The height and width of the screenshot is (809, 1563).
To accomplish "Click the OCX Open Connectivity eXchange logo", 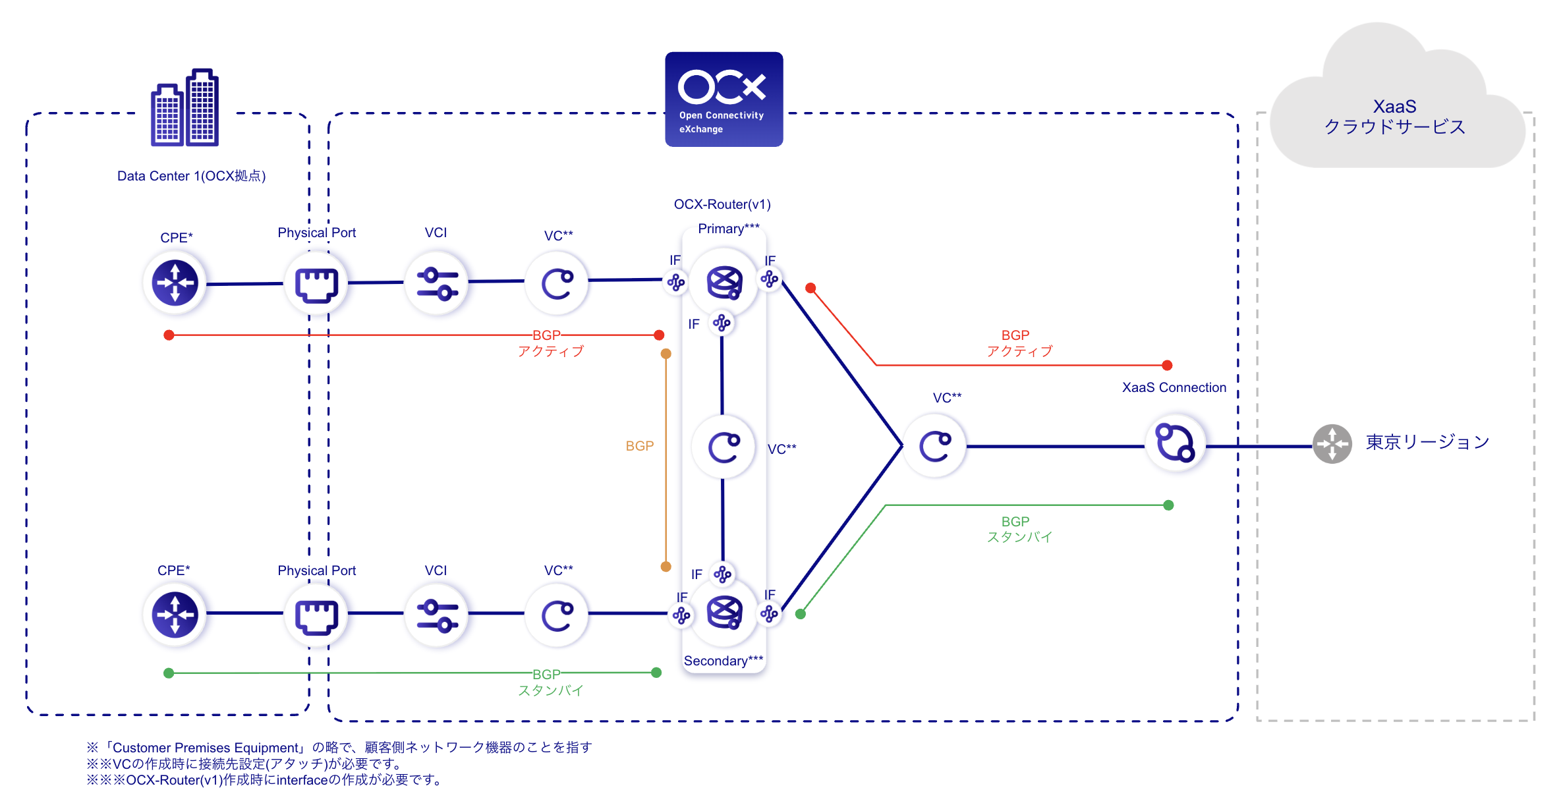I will point(724,99).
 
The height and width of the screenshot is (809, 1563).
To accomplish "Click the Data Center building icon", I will point(185,108).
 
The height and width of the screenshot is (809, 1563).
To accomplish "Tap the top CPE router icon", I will point(175,283).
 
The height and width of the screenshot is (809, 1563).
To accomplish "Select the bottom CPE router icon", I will point(175,615).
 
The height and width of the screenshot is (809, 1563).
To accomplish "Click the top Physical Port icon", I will point(316,284).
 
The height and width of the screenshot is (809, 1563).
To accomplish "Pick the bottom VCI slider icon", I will point(436,615).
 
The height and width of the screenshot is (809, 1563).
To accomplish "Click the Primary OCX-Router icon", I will point(724,282).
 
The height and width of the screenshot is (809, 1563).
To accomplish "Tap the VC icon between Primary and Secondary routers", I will point(724,447).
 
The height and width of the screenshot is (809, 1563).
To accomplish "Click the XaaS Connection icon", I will point(1175,443).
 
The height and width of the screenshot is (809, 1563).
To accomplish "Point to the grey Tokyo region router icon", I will point(1332,443).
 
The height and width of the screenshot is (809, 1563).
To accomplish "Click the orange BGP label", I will point(639,446).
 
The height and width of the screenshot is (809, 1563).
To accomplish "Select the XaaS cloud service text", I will point(1394,117).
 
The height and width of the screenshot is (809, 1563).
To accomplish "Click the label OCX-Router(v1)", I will point(722,204).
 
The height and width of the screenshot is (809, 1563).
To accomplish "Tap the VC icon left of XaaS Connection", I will point(935,446).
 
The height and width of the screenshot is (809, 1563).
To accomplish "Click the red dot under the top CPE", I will point(169,335).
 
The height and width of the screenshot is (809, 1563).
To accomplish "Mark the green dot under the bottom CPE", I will point(169,673).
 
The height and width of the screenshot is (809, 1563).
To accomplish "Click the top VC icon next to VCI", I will point(557,284).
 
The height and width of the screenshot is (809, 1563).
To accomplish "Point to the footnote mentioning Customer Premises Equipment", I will point(339,747).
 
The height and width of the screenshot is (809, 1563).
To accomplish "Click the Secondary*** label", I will point(723,661).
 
